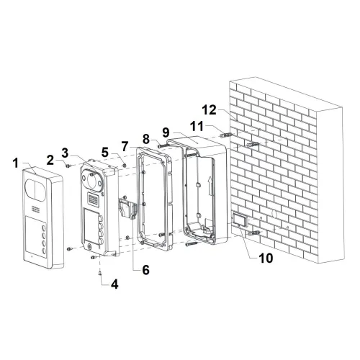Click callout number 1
(x=16, y=163)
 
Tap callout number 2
(x=50, y=160)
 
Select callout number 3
(x=65, y=153)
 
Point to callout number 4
(x=114, y=284)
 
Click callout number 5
(x=105, y=152)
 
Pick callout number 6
(x=145, y=270)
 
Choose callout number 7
(x=125, y=147)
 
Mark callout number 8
(x=146, y=139)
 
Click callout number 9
(x=166, y=132)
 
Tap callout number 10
(x=266, y=258)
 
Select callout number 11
(x=197, y=126)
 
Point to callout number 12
(x=209, y=110)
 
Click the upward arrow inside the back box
(x=210, y=186)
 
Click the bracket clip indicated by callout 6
(x=127, y=207)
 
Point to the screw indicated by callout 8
(x=163, y=145)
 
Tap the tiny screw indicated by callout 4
(x=99, y=272)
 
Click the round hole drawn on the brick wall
(x=274, y=214)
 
